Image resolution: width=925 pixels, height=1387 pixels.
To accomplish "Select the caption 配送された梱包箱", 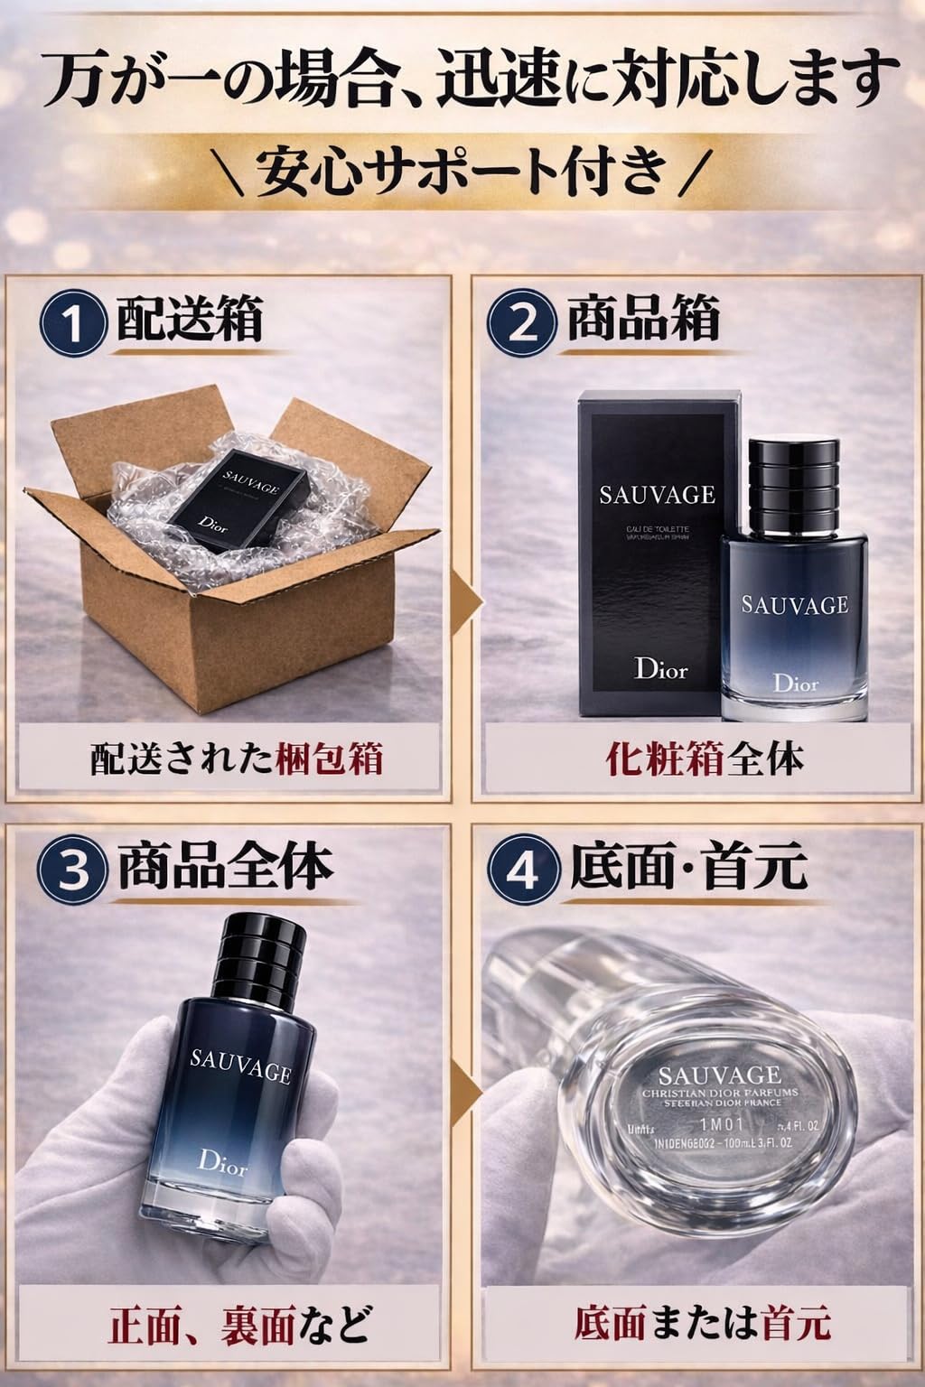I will tap(237, 759).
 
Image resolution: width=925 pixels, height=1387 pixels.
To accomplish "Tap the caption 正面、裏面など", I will tap(239, 1325).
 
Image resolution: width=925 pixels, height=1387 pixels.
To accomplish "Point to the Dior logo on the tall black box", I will tap(660, 669).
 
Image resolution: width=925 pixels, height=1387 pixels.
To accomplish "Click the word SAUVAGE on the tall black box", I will tap(658, 494).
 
